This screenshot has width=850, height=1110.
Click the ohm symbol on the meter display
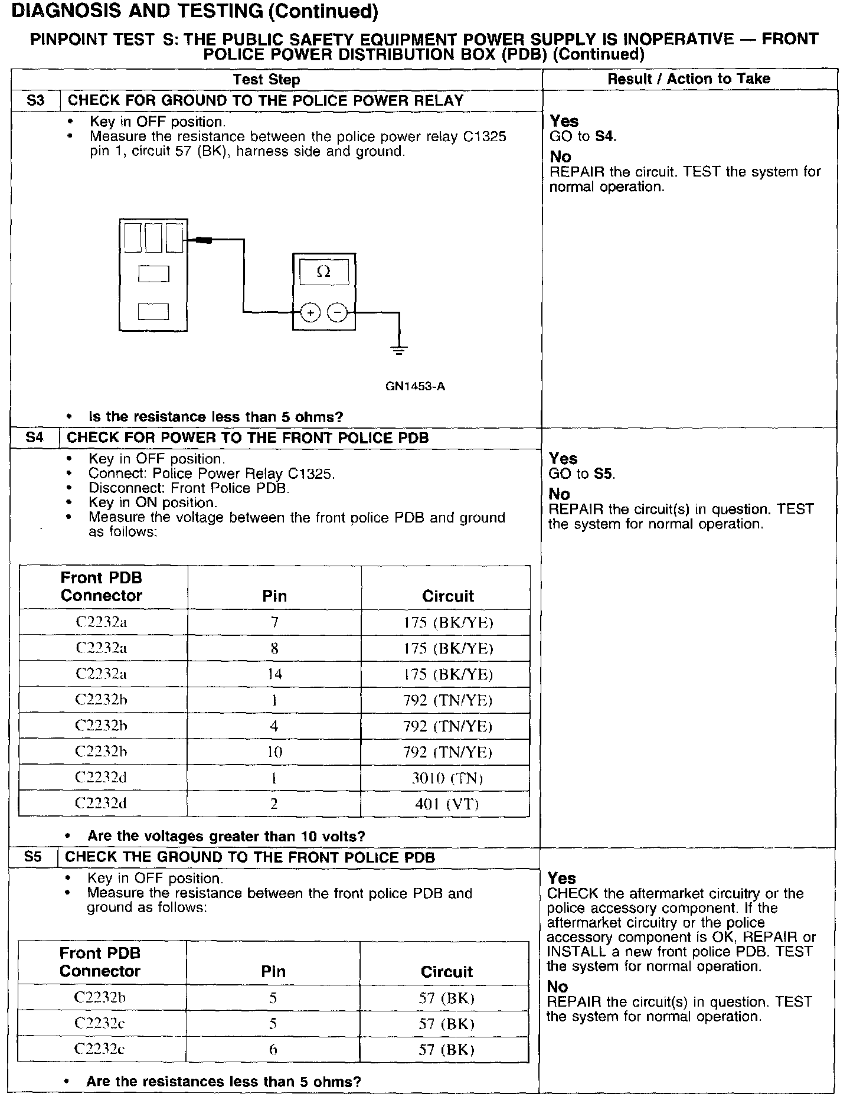coord(323,272)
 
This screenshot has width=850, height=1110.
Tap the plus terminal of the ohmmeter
coord(310,312)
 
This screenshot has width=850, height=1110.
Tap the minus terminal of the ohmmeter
coord(337,312)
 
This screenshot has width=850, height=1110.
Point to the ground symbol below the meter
coord(399,350)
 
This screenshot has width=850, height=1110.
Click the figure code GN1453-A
coord(415,387)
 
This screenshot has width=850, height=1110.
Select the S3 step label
coord(35,100)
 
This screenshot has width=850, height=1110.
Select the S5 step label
coord(33,857)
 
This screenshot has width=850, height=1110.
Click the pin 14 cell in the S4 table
coord(274,674)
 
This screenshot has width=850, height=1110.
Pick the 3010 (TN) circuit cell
coord(447,778)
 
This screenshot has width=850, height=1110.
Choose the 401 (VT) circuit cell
coord(447,804)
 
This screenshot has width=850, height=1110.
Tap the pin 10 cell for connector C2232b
coord(274,752)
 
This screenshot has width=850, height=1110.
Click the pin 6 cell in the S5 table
coord(273,1049)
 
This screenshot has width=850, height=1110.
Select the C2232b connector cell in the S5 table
coord(100,997)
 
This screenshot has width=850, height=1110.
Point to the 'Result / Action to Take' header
coord(689,79)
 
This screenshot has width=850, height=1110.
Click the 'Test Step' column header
coord(266,80)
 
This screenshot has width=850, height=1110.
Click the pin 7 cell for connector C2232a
coord(274,622)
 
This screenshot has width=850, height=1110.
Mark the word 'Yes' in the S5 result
coord(561,878)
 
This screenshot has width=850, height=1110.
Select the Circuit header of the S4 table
coord(447,596)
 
